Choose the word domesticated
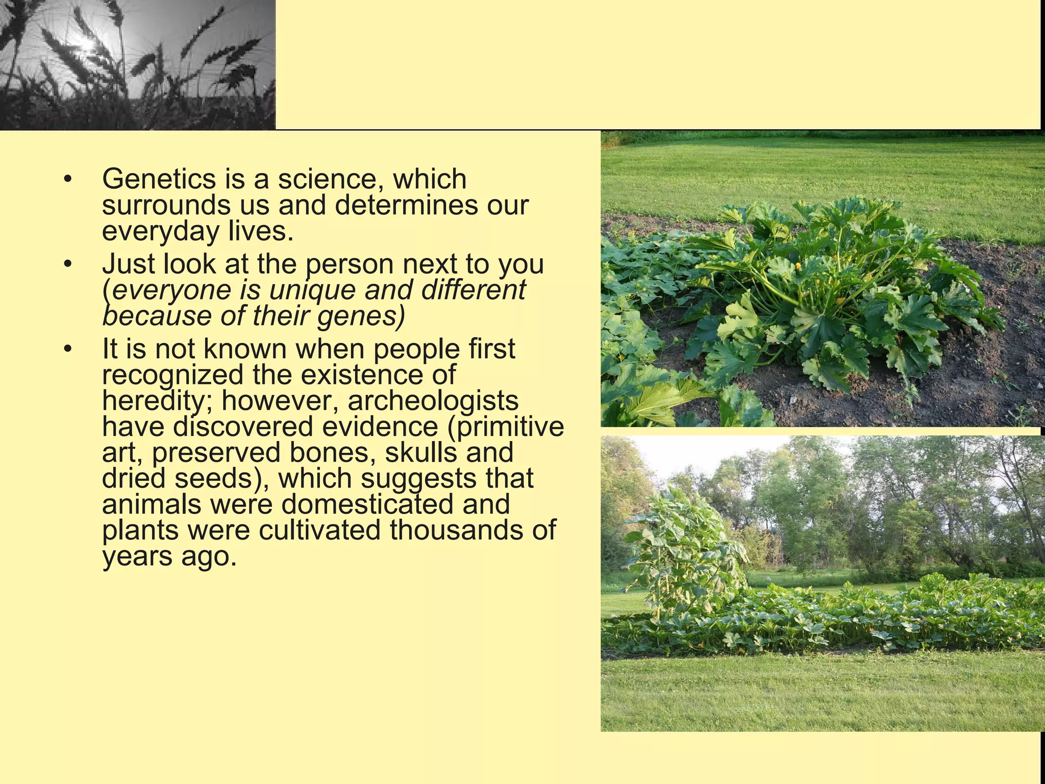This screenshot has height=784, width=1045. point(367,505)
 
